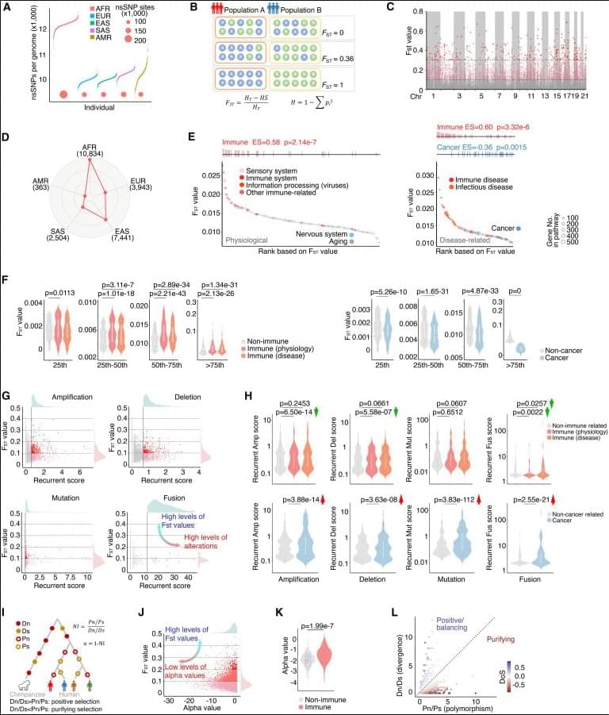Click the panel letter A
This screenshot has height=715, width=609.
pos(6,7)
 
